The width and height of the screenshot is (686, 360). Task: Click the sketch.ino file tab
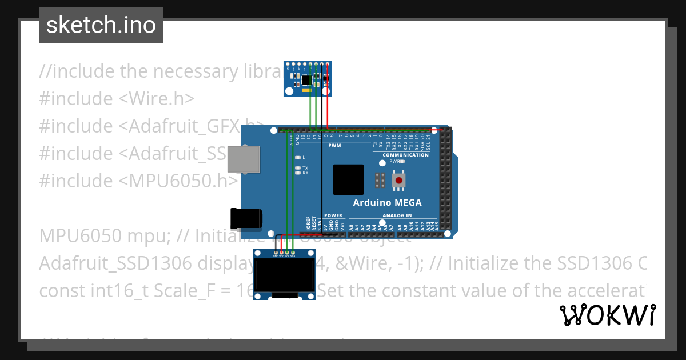coord(101,25)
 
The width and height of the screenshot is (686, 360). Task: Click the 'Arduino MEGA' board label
coord(387,202)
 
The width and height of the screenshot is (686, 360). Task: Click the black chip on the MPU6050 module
coord(307,79)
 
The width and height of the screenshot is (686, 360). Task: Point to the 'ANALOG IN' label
coord(397,216)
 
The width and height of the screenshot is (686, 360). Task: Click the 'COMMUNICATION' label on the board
coord(405,155)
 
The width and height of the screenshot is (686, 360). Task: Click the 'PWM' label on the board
coord(334,146)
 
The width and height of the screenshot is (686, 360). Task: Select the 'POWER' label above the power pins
coord(333,216)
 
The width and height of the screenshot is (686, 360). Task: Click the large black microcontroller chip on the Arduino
coord(348,179)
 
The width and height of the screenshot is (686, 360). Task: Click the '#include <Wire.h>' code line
coord(117,98)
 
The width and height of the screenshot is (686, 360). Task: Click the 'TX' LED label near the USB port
coord(305,168)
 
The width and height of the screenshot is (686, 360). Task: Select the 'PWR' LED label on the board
coord(394,161)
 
